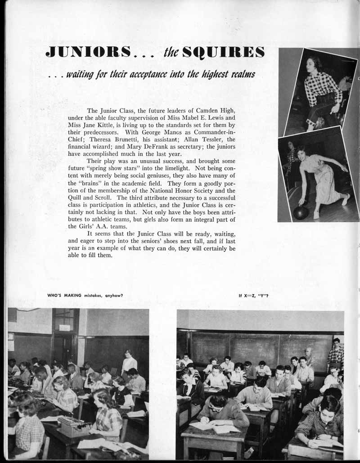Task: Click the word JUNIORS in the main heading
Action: (88, 52)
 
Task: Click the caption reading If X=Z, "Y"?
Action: (253, 296)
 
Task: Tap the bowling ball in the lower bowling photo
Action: (301, 213)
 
